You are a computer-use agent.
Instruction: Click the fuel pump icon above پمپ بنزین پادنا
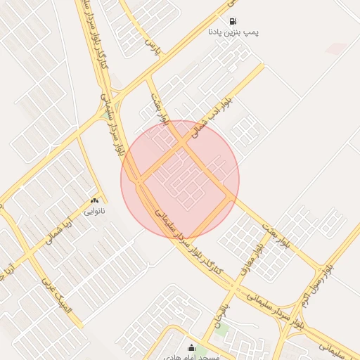pos(233,21)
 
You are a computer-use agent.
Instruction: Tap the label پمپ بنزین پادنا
pos(229,32)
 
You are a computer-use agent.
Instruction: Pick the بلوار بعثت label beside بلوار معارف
pos(276,236)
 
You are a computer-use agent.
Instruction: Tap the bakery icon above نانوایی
pos(94,200)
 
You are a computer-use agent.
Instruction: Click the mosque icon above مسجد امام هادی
pos(191,347)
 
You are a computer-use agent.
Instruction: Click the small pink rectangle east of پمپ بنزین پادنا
pos(337,48)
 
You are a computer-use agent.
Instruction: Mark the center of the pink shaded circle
pos(180,180)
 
